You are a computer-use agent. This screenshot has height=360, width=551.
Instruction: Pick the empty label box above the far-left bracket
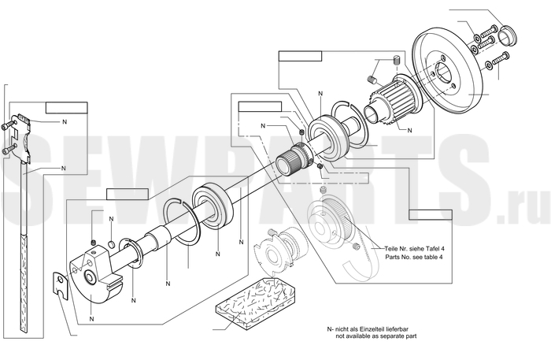point(66,107)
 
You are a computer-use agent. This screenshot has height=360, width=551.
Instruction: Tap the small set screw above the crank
point(94,241)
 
